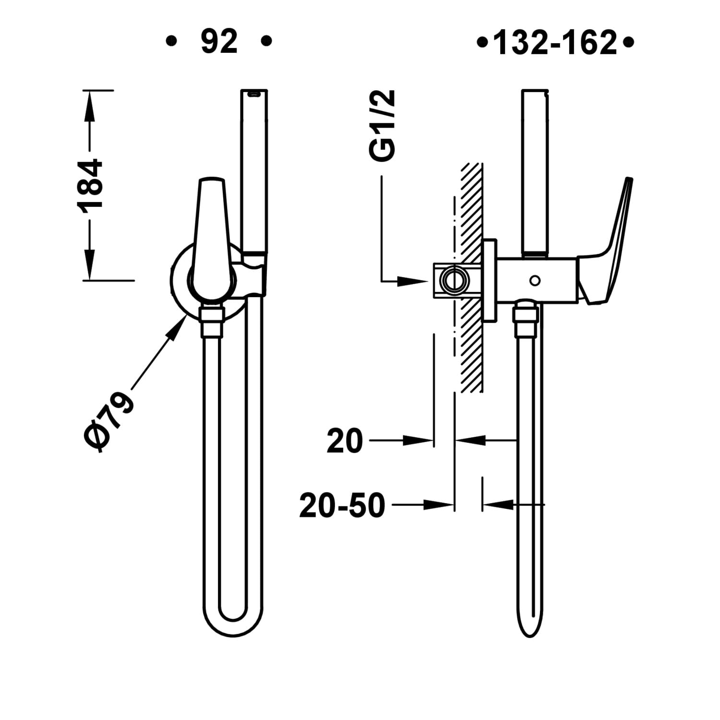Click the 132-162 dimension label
555,43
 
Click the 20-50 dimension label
342,505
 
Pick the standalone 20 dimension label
345,441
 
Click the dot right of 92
266,41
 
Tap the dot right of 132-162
628,43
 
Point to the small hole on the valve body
535,280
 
